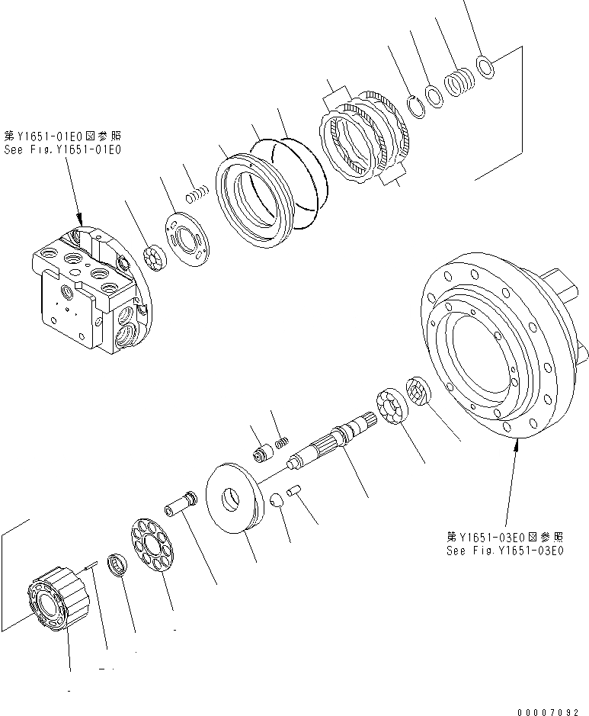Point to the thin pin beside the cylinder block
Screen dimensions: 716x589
point(89,566)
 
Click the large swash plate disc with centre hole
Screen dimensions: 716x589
point(235,499)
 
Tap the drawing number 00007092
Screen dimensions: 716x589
point(547,711)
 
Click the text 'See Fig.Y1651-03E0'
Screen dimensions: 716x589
point(505,551)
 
